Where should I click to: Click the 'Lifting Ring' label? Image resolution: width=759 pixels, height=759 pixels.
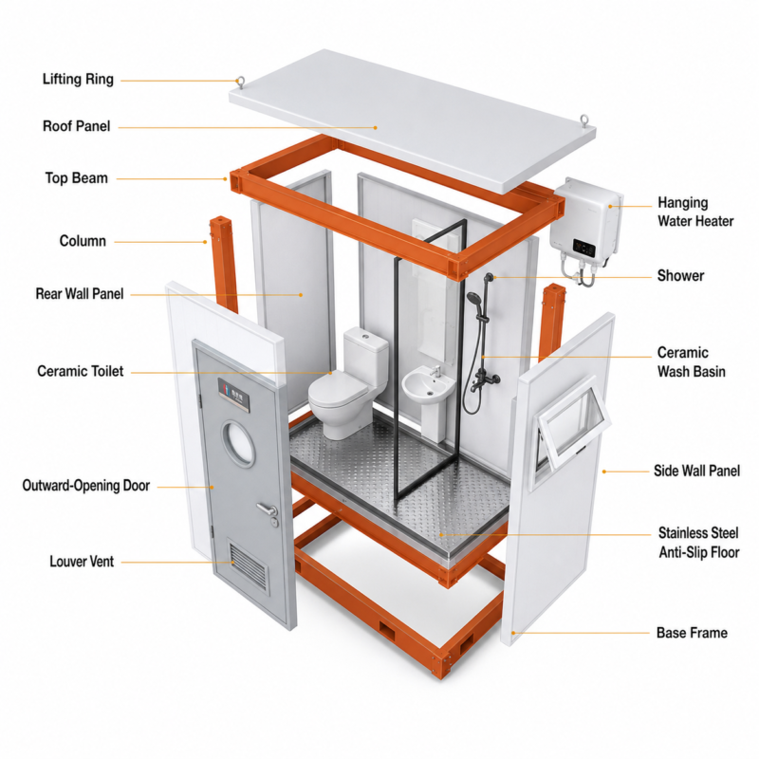tap(78, 79)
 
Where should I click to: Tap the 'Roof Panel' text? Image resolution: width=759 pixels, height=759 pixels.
tap(77, 126)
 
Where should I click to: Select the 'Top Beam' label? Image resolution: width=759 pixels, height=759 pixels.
tap(77, 177)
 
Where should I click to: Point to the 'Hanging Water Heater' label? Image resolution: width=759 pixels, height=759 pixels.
tap(695, 212)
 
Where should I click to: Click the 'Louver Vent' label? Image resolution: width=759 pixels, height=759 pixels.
tap(82, 562)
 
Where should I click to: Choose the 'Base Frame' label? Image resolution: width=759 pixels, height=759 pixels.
tap(692, 633)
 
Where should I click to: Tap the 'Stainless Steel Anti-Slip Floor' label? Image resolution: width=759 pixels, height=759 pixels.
tap(698, 543)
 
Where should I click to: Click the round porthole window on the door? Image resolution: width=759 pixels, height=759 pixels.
tap(239, 444)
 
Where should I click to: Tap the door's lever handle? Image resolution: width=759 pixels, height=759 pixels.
tap(268, 509)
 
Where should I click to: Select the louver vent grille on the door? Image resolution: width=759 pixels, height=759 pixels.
tap(248, 565)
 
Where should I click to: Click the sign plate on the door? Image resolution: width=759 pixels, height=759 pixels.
tap(233, 395)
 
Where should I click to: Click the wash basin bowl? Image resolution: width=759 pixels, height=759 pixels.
tap(429, 384)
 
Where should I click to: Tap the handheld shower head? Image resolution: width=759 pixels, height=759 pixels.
tap(473, 298)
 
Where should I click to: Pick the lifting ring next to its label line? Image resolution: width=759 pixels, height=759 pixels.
tap(240, 83)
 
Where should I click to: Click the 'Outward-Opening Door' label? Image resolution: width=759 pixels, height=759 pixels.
tap(86, 486)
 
